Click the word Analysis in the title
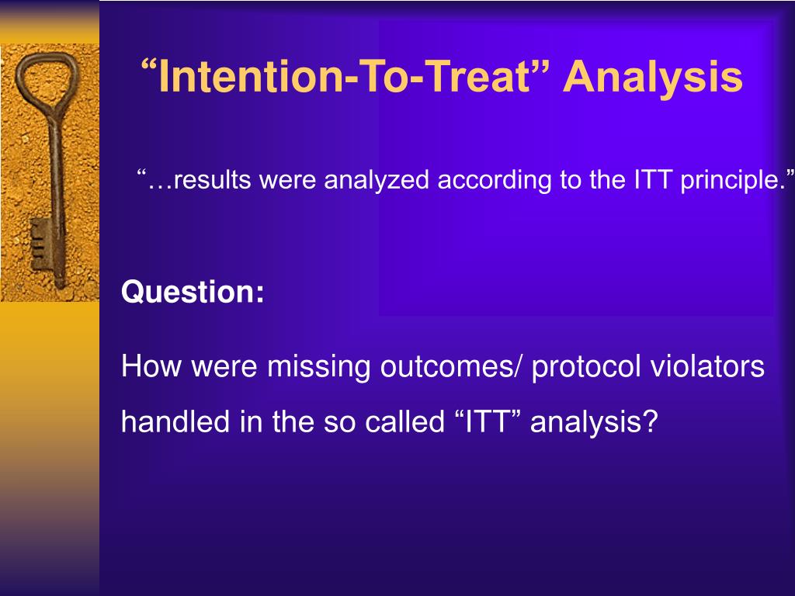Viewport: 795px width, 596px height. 653,77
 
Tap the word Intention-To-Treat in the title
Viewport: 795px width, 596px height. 344,76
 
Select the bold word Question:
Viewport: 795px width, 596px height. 193,292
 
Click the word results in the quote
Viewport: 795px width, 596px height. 212,180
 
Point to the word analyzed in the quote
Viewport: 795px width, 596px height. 377,181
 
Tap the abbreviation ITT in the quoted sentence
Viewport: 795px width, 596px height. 653,179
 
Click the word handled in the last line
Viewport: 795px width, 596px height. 175,421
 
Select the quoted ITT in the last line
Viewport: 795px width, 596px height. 486,421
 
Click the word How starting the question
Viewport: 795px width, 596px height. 151,366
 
